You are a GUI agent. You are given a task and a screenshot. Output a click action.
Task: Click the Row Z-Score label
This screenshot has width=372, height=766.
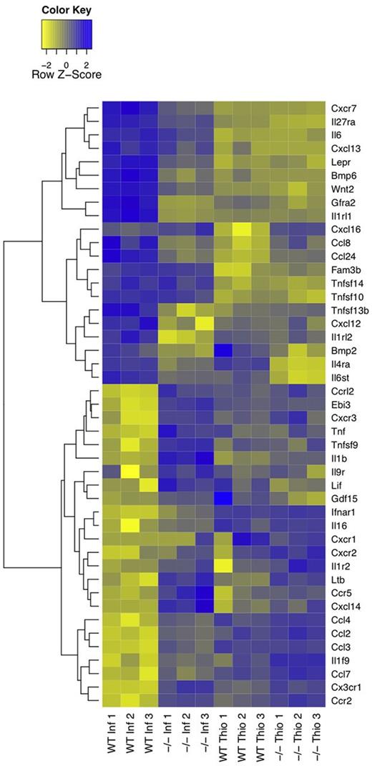coord(66,73)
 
